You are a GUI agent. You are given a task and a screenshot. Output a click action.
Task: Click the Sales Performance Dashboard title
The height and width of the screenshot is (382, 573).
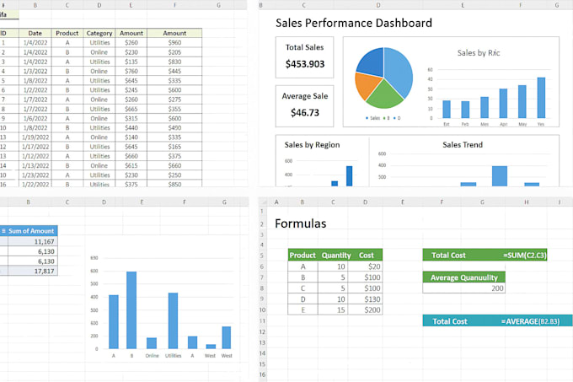coord(354,23)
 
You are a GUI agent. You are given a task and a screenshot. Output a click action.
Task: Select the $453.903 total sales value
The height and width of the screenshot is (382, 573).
coord(304,64)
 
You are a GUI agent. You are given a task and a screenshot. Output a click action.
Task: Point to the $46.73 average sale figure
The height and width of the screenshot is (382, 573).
coord(304,112)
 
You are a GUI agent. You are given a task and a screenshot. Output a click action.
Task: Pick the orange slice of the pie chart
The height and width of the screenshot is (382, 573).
coord(367,86)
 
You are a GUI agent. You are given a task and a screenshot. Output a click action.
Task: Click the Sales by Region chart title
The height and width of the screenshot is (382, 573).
coord(312,145)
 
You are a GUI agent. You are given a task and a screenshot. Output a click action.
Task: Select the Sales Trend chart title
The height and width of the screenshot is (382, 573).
coord(463,145)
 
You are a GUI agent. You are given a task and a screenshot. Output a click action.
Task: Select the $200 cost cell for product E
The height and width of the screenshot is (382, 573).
coord(367,310)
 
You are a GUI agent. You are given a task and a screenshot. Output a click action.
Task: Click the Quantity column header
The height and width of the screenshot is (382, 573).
coord(335,255)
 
